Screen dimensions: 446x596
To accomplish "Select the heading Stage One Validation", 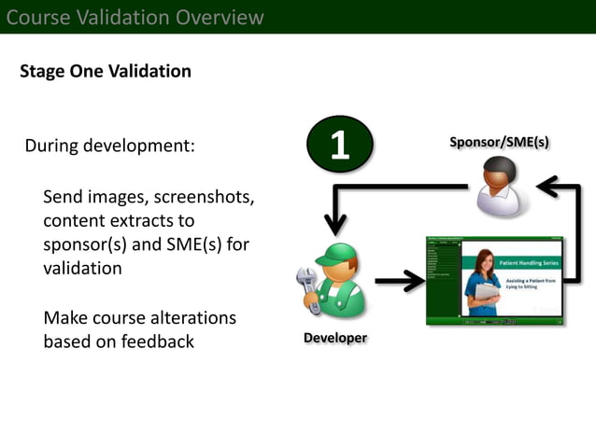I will (x=106, y=72).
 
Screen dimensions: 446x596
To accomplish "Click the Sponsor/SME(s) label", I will (x=499, y=142).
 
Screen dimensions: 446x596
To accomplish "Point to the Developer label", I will (x=334, y=338).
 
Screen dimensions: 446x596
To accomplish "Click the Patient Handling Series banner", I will (x=527, y=261).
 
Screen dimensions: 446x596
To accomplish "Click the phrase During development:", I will (x=109, y=146).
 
